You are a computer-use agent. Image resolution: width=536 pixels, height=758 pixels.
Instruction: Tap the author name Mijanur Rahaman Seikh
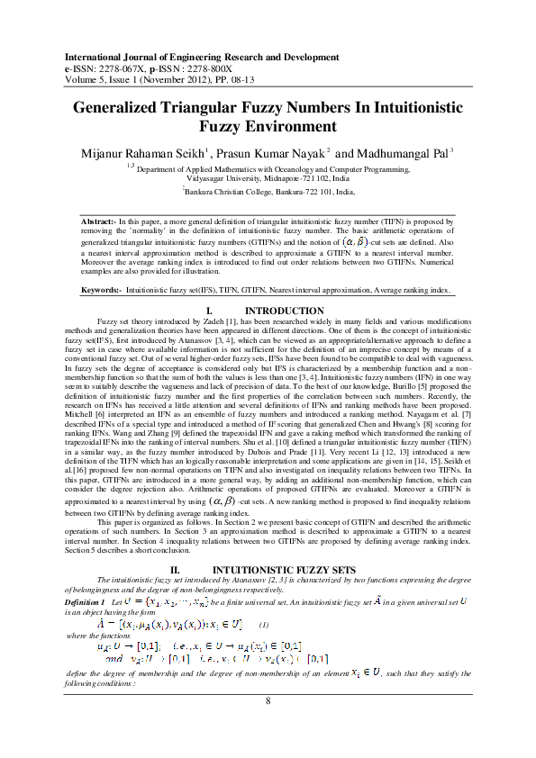pos(147,154)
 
